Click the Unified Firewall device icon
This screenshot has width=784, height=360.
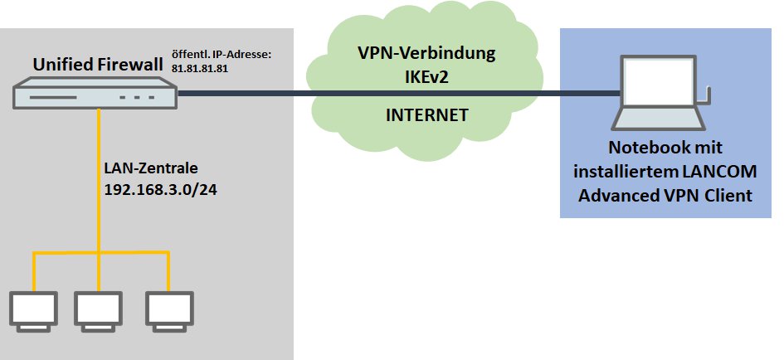coord(95,94)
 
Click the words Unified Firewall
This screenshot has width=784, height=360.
coord(97,64)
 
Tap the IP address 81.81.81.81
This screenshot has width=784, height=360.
coord(199,69)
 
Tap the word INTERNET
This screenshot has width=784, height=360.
coord(426,115)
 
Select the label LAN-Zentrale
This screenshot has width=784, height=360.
coord(151,168)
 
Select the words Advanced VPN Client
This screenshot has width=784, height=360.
coord(671,197)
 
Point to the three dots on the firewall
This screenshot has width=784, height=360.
coord(136,97)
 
